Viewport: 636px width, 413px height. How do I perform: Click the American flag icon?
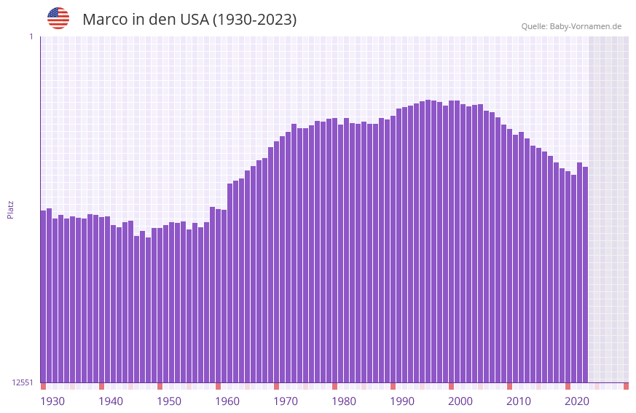click(x=58, y=18)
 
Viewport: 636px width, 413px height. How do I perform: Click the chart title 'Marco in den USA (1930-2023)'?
click(x=189, y=20)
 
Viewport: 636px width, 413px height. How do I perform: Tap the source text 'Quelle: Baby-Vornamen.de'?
click(x=571, y=26)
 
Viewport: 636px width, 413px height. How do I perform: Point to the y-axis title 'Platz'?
click(x=10, y=209)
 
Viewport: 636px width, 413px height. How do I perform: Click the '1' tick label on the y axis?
click(x=31, y=36)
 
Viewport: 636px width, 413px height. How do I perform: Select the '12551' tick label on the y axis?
click(x=23, y=382)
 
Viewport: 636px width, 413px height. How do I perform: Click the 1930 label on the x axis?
click(x=52, y=401)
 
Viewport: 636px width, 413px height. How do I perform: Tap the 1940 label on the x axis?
click(x=111, y=401)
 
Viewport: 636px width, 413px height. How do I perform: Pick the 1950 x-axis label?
click(x=169, y=401)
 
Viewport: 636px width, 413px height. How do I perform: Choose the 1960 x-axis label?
click(x=227, y=401)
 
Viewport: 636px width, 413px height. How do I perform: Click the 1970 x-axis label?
click(x=286, y=401)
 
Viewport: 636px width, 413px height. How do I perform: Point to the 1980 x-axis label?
click(x=344, y=401)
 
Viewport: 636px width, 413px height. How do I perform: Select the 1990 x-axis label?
click(x=402, y=401)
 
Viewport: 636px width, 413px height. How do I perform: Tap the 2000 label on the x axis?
click(x=460, y=401)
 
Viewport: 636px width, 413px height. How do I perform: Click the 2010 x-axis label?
click(x=519, y=401)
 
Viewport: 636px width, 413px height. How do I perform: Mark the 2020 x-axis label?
click(x=577, y=401)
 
